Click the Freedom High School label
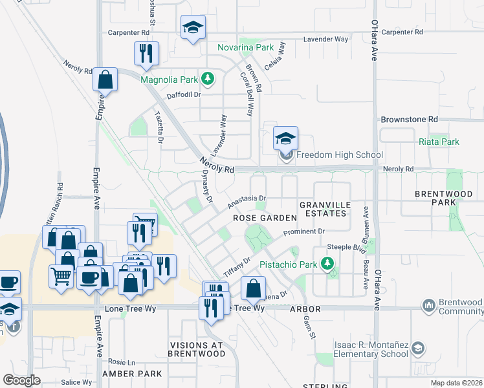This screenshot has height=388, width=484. pyautogui.click(x=340, y=155)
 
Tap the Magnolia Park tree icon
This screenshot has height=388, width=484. pyautogui.click(x=207, y=80)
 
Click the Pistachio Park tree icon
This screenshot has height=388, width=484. pyautogui.click(x=327, y=264)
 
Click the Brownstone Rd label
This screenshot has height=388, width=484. pyautogui.click(x=409, y=120)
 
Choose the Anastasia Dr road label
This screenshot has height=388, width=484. pyautogui.click(x=247, y=202)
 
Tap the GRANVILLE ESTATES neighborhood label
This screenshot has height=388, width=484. pyautogui.click(x=325, y=211)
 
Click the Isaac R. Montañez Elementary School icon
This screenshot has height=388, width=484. pyautogui.click(x=418, y=349)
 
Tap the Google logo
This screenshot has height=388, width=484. pyautogui.click(x=21, y=380)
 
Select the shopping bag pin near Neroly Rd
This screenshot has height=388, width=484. pyautogui.click(x=105, y=81)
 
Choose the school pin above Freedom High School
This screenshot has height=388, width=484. pyautogui.click(x=285, y=138)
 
